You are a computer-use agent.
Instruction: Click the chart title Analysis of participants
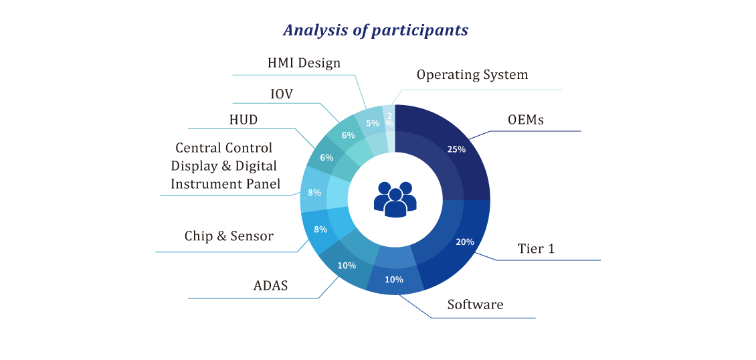375,30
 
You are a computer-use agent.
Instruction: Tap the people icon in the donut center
395,199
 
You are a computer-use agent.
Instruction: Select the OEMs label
526,120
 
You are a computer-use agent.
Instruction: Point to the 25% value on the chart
456,149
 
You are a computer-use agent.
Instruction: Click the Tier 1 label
536,249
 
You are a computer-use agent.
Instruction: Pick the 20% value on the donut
465,242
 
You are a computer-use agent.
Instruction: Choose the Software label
475,304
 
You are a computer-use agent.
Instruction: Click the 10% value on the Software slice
394,279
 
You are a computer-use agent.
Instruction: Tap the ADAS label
270,285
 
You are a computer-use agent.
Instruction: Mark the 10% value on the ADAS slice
347,265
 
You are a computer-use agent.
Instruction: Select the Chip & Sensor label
229,236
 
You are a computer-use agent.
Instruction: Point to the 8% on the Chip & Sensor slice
320,230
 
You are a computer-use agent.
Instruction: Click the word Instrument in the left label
202,183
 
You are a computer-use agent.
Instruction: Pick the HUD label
244,120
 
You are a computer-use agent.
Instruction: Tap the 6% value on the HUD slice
327,158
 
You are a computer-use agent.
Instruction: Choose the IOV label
281,94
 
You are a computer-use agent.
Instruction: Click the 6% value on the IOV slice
348,135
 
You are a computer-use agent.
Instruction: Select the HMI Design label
304,63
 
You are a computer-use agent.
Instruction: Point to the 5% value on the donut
373,123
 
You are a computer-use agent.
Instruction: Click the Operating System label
472,75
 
